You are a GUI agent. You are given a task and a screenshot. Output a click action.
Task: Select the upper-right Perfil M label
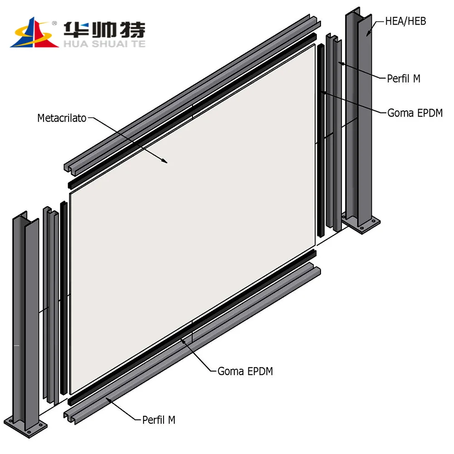coord(403,79)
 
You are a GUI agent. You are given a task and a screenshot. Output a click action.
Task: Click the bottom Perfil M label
coord(158,420)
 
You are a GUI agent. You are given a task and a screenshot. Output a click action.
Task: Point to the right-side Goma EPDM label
coord(415,113)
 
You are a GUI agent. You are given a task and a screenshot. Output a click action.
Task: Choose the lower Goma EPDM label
coord(245,371)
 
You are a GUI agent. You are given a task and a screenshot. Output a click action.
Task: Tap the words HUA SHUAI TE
coord(104,44)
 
